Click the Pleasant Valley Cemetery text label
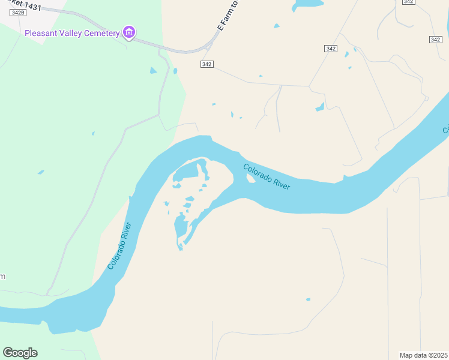72,33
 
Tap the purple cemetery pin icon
128,32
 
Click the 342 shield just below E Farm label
207,64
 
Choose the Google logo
20,353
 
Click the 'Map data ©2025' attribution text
423,355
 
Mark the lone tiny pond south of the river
309,299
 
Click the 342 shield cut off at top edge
408,2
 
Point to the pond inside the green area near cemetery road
153,71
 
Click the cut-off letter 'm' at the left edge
2,276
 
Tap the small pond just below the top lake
276,26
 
